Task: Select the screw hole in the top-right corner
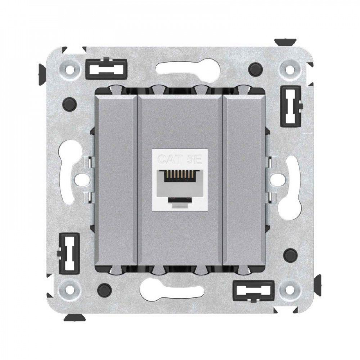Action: (290, 68)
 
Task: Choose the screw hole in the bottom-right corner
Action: (290, 289)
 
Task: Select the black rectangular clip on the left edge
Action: (69, 253)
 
